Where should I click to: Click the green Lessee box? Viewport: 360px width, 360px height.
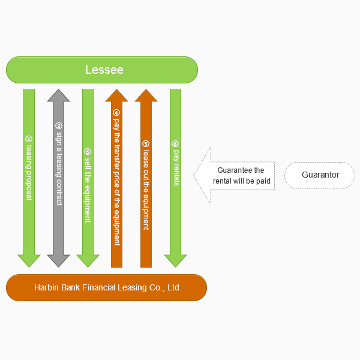coord(102,70)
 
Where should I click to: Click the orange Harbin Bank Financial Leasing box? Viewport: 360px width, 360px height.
coord(107,287)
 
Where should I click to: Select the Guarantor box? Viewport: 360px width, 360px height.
coord(320,175)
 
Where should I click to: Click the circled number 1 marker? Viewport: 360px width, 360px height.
coord(28,137)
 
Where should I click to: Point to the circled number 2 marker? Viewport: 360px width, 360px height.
coord(58,126)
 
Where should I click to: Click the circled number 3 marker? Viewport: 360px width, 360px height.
coord(88,152)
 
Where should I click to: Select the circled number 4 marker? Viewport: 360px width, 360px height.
coord(116,112)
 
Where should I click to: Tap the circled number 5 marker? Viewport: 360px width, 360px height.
coord(146,144)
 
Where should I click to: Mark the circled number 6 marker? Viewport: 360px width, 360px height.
coord(175,144)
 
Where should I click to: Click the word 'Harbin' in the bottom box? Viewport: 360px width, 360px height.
coord(46,288)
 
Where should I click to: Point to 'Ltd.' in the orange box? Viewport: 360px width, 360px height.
coord(174,288)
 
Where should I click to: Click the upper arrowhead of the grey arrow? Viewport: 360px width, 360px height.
coord(58,96)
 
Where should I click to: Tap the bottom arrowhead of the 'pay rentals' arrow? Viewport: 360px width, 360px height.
coord(175,260)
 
